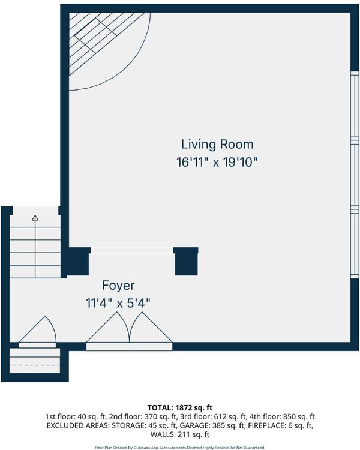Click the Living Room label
coord(217,144)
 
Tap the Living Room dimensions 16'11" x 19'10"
coord(217,163)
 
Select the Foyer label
coord(118,286)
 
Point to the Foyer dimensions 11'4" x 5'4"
coord(118,303)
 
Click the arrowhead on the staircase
coord(35,218)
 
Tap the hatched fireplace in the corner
coord(106,43)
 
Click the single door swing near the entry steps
coord(38,329)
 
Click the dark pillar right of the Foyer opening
coord(186,261)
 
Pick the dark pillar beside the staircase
coord(78,262)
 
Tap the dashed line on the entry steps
coord(35,365)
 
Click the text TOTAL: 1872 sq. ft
coord(180,407)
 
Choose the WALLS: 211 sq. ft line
coord(180,434)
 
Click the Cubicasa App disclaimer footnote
coord(180,448)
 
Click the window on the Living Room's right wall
coord(355,175)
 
